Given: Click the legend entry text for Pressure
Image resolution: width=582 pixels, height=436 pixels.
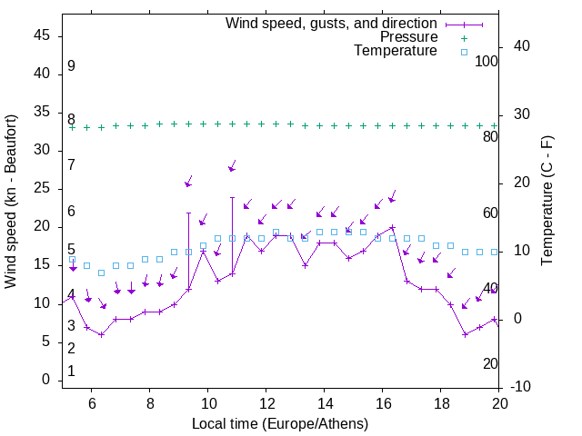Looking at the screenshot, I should [408, 37].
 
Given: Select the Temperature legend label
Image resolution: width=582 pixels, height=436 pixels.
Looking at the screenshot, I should [396, 51].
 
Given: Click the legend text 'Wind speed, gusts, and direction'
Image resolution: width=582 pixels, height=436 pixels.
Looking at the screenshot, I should [332, 23].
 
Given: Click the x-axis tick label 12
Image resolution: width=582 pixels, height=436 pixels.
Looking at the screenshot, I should [266, 403].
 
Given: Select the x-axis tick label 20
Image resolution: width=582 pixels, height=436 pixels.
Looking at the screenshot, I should [498, 403].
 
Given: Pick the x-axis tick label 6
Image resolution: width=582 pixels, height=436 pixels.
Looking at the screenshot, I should [91, 403].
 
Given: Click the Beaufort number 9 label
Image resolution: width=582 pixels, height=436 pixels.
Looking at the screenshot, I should [71, 66].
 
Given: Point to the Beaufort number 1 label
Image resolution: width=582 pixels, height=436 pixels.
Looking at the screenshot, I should [71, 372].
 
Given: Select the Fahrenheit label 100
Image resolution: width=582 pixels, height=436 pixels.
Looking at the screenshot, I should [487, 62].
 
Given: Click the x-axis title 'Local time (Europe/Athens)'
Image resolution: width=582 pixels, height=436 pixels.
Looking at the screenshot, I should [280, 423].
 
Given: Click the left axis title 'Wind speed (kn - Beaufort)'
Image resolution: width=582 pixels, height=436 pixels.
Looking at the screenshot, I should [11, 202].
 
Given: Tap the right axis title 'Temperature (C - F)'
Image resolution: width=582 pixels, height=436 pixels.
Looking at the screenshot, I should [547, 202].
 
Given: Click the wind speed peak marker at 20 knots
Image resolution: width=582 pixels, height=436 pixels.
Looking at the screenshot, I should [392, 227].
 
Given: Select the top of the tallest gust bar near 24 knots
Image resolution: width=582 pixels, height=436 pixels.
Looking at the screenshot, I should [232, 197].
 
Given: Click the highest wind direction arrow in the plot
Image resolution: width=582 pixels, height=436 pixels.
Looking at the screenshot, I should [232, 168].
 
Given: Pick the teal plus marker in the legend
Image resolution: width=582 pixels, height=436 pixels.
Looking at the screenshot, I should [464, 37].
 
